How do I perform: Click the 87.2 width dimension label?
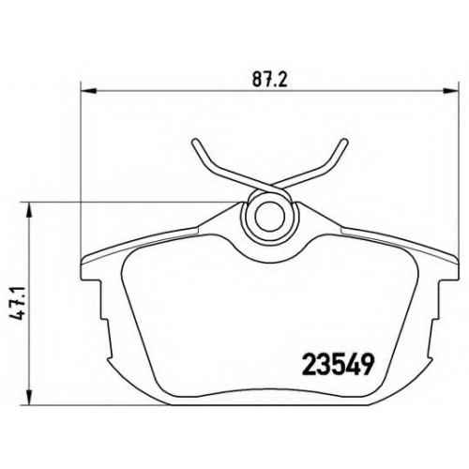pos(269,81)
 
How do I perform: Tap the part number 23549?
pos(338,365)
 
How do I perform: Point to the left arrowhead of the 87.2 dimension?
pos(88,91)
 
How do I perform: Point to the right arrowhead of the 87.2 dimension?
pos(451,91)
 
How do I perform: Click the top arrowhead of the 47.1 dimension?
pos(28,210)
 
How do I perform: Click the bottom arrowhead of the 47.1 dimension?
pos(28,398)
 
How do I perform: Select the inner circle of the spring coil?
pos(269,217)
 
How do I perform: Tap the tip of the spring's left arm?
pos(195,142)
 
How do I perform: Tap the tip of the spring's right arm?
pos(344,142)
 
